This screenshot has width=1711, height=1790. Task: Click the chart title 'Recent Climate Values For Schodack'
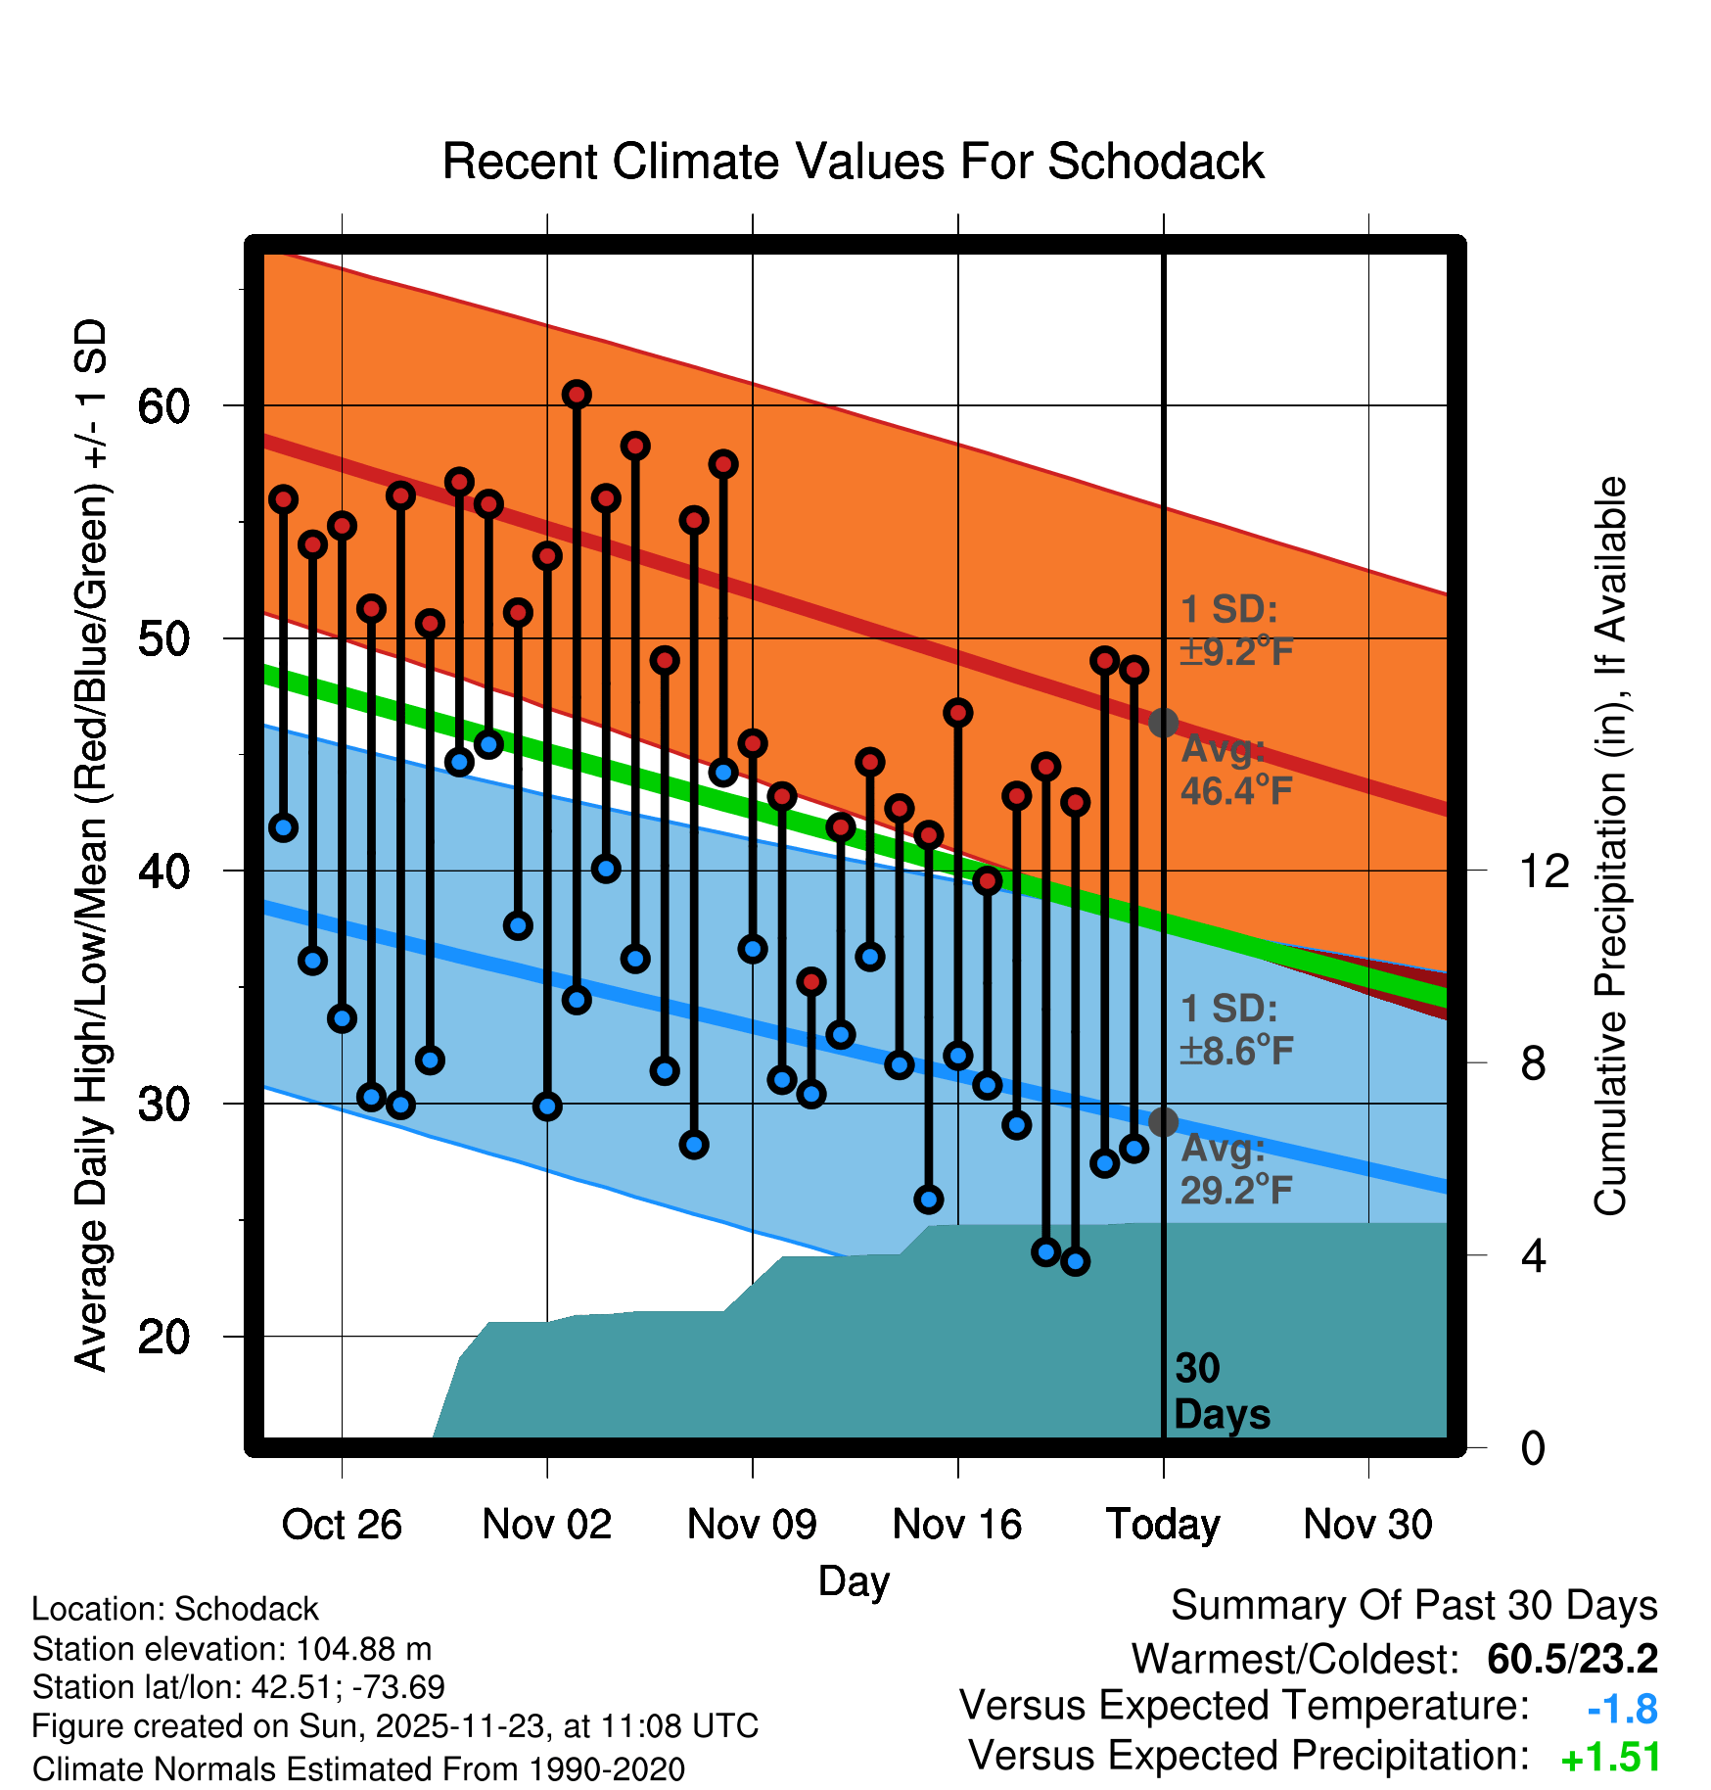[x=853, y=162]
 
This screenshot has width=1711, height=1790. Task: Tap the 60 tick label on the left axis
[x=163, y=406]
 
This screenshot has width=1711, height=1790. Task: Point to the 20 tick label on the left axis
[x=163, y=1337]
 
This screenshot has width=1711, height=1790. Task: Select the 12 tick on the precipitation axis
[x=1544, y=871]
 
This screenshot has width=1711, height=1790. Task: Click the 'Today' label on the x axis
[x=1163, y=1525]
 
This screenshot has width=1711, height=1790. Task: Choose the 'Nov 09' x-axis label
[x=752, y=1525]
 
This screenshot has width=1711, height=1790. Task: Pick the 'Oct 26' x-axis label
[x=342, y=1525]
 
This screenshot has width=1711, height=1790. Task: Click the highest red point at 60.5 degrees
[x=577, y=395]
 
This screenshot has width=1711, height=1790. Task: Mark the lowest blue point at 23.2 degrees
[x=1076, y=1261]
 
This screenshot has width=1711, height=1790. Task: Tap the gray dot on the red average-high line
[x=1163, y=723]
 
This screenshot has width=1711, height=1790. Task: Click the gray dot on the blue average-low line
[x=1163, y=1122]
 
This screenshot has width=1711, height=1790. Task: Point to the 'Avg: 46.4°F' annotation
[x=1236, y=770]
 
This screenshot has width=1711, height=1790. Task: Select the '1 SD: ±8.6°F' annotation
[x=1236, y=1030]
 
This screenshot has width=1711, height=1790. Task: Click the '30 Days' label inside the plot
[x=1221, y=1391]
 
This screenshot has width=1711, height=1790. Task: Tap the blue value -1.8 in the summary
[x=1622, y=1709]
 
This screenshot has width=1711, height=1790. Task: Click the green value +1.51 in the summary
[x=1610, y=1758]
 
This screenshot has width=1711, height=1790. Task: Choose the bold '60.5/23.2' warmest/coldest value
[x=1572, y=1659]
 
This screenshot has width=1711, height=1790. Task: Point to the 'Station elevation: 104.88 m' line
[x=232, y=1649]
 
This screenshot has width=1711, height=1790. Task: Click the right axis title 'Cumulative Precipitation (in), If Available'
[x=1610, y=846]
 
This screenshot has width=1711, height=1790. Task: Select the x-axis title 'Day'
[x=854, y=1581]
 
